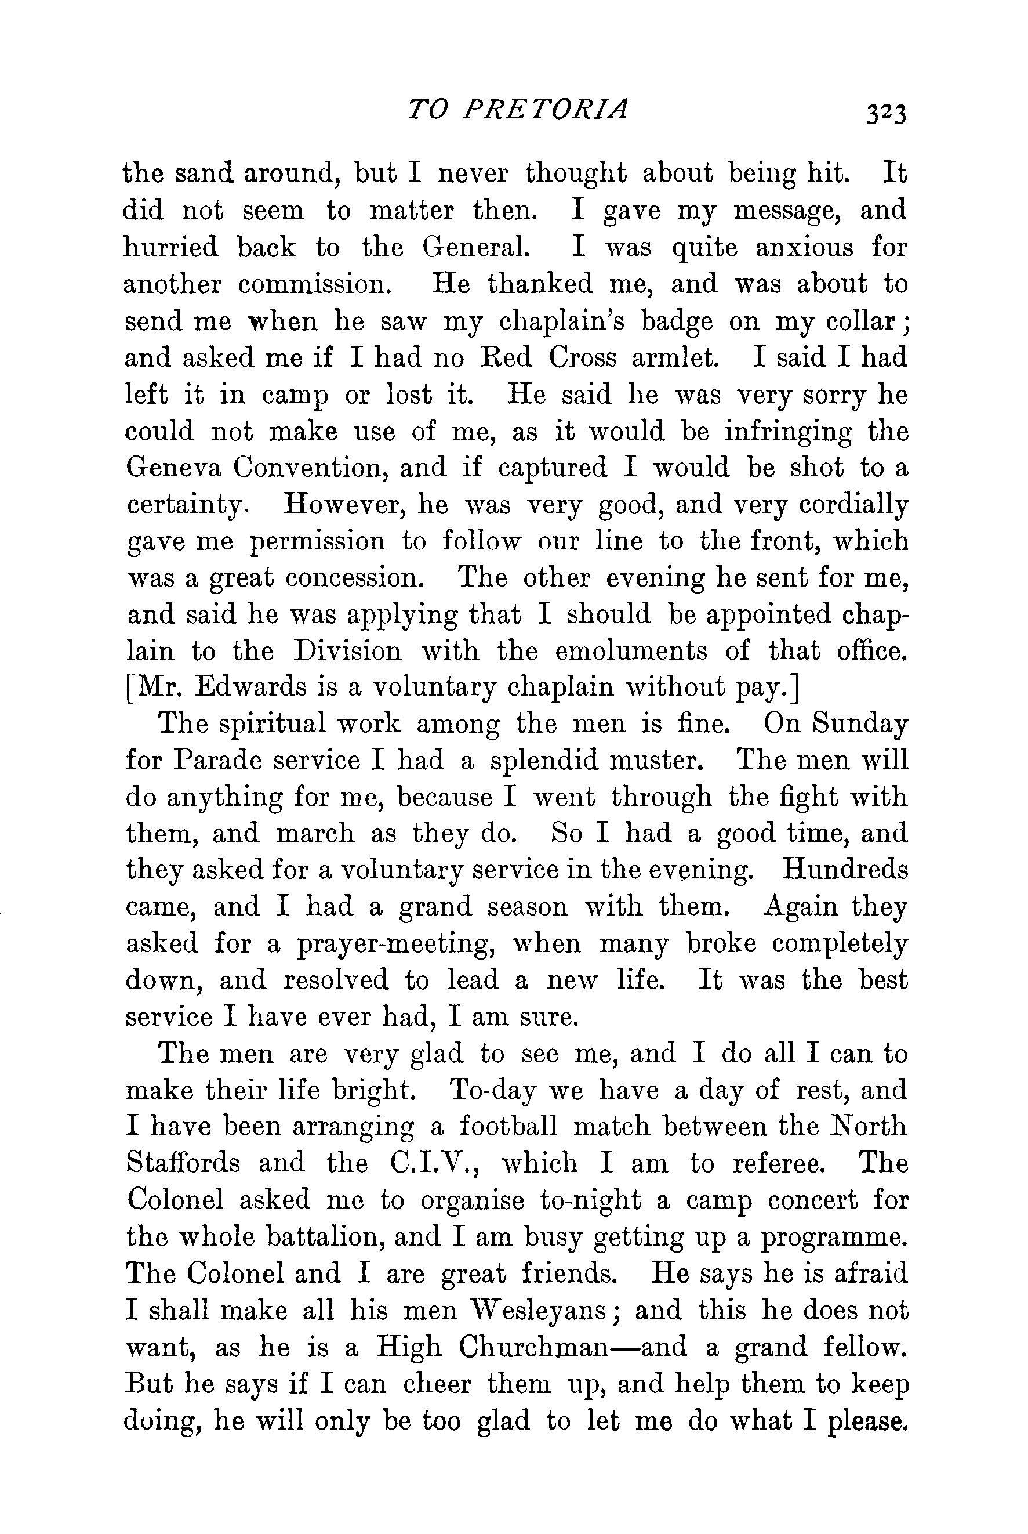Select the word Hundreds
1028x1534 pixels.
click(846, 870)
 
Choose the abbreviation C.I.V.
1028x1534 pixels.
click(433, 1163)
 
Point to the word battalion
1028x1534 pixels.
click(347, 1237)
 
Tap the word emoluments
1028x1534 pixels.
click(631, 650)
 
